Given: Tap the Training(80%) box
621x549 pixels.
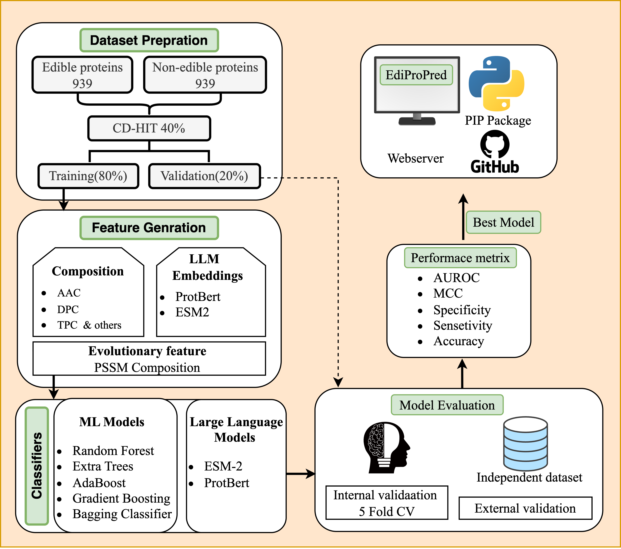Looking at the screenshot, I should click(x=88, y=176).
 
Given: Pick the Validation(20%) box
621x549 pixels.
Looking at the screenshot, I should click(x=204, y=176).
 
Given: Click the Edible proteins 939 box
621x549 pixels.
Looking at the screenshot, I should click(x=82, y=75).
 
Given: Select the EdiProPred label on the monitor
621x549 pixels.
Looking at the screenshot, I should click(x=416, y=75).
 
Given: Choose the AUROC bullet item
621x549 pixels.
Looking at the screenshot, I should click(x=456, y=278).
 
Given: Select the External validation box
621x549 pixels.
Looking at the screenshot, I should click(x=525, y=508).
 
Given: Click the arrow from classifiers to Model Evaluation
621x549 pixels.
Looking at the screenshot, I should click(x=301, y=474).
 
